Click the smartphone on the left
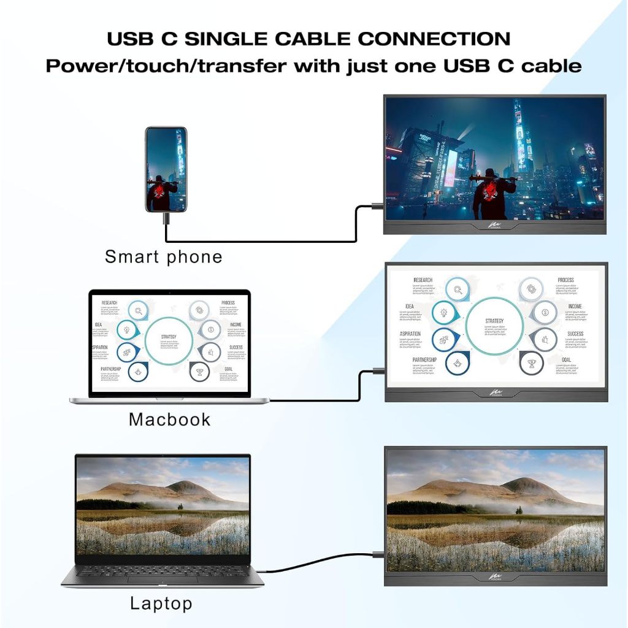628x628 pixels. tap(166, 169)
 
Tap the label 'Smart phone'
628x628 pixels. tap(163, 256)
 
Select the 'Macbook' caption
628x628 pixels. tap(169, 419)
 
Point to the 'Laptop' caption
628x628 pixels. tap(161, 603)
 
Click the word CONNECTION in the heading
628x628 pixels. tap(434, 39)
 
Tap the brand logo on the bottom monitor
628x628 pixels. tap(495, 577)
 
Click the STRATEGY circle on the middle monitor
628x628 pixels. tap(494, 323)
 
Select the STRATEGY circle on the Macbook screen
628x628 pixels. tap(169, 340)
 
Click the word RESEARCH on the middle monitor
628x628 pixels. tap(423, 280)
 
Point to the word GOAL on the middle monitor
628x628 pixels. tap(565, 360)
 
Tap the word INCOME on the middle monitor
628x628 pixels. tap(575, 306)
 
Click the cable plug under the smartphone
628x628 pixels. tap(166, 218)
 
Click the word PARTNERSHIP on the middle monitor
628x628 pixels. tap(424, 360)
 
